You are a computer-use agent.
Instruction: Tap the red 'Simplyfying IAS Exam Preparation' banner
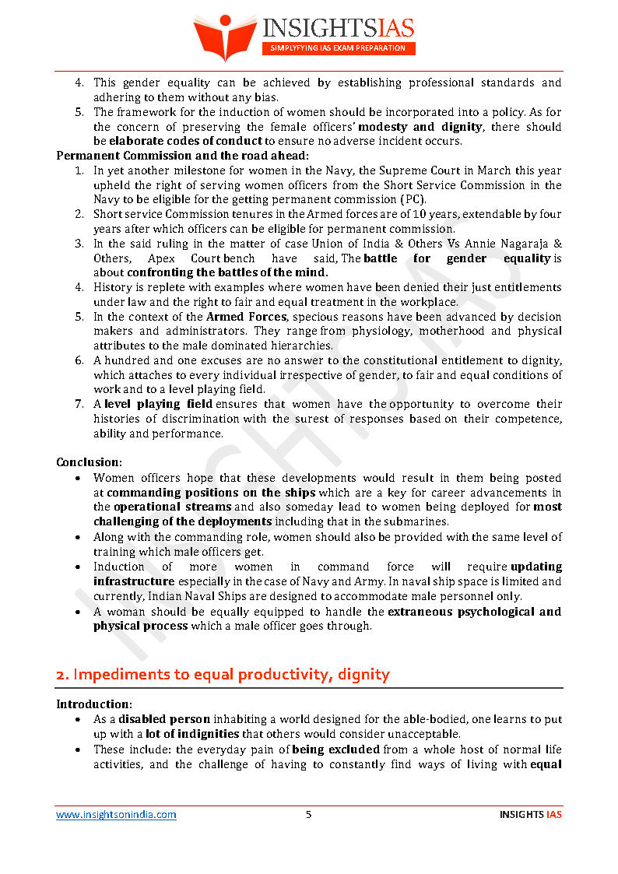pos(338,48)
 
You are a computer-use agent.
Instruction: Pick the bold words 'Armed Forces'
pos(242,317)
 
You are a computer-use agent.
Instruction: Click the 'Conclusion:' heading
pos(89,462)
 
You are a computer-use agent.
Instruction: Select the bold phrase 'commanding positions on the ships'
pos(211,493)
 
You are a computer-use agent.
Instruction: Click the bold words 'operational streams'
pos(173,507)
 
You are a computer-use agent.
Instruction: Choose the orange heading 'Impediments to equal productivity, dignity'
pos(223,675)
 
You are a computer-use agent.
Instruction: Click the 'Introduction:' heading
pos(93,704)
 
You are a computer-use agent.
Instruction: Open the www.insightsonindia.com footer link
pos(116,815)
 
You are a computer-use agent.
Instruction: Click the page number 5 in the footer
pos(309,815)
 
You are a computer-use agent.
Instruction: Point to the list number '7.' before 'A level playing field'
pos(79,404)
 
